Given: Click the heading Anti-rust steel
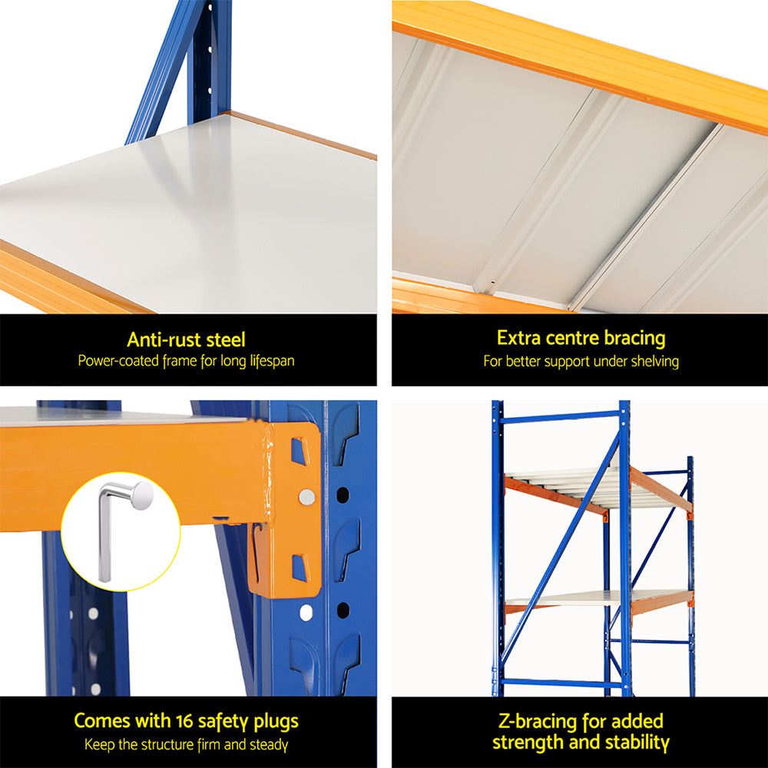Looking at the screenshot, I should click(x=187, y=339).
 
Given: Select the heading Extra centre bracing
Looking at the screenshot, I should click(x=581, y=338).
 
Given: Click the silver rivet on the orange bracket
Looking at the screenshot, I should click(x=306, y=497).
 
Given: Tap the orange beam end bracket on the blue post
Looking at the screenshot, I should click(x=296, y=507).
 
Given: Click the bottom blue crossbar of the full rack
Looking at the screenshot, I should click(x=560, y=682).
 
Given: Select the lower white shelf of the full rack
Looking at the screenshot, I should click(x=584, y=597).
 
